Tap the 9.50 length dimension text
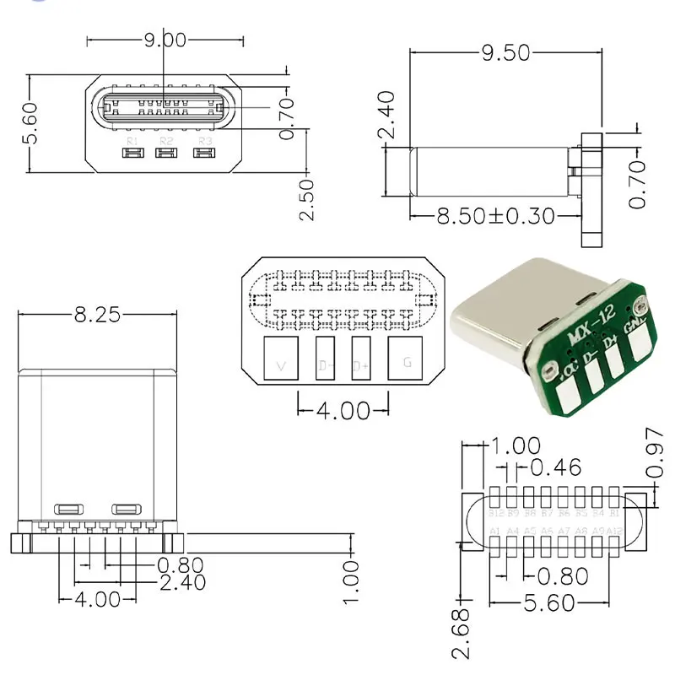pos(505,52)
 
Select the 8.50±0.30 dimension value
pos(496,216)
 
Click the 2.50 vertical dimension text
pos(308,199)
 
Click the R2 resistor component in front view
pos(166,154)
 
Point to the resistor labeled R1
pos(132,154)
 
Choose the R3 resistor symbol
pos(202,154)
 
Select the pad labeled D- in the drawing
pos(326,360)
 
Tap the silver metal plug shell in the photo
pos(498,312)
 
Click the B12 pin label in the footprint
pos(496,512)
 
